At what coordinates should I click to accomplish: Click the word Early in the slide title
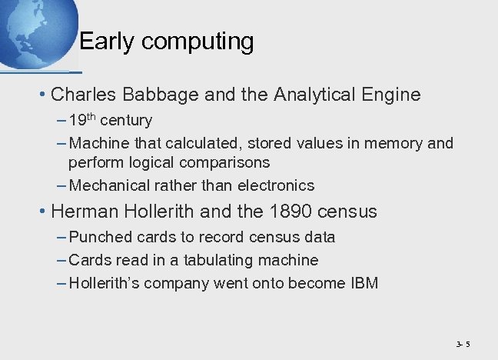click(x=105, y=42)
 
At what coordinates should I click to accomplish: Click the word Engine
click(x=394, y=95)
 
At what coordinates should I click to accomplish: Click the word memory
click(x=397, y=144)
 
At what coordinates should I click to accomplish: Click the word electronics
click(x=277, y=185)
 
